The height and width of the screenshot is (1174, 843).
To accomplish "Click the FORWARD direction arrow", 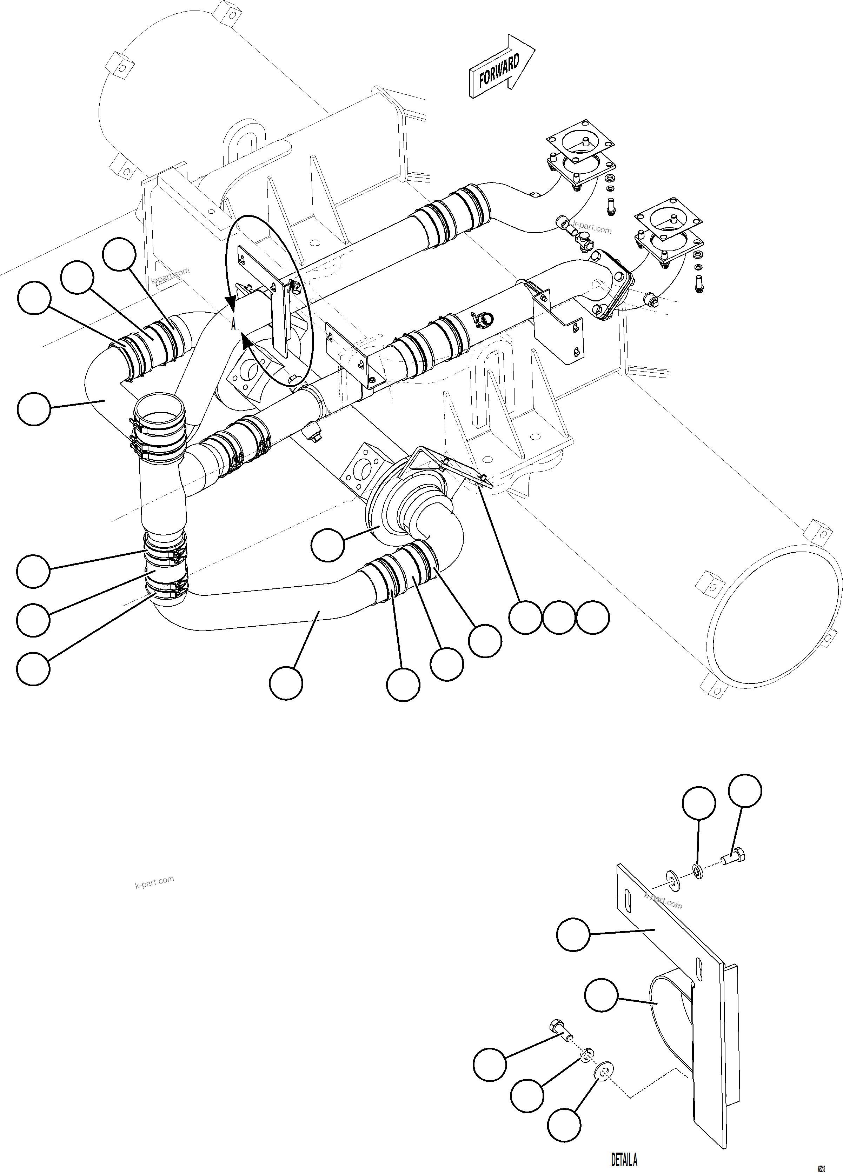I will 500,68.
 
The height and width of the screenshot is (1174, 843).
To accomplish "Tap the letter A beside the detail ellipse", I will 233,325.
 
